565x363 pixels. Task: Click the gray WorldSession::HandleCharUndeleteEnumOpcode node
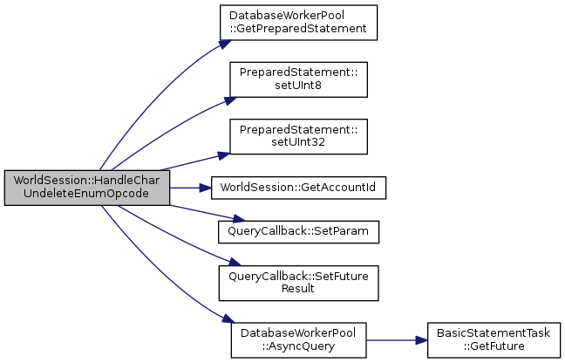coord(86,188)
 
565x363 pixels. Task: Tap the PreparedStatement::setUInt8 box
coord(298,79)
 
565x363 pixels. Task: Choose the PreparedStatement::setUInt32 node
coord(298,135)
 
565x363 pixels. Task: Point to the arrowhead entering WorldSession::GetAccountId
coord(205,187)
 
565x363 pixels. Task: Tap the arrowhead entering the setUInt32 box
coord(224,154)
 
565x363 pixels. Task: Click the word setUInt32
coord(298,141)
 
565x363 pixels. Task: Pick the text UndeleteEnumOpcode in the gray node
coord(87,194)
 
